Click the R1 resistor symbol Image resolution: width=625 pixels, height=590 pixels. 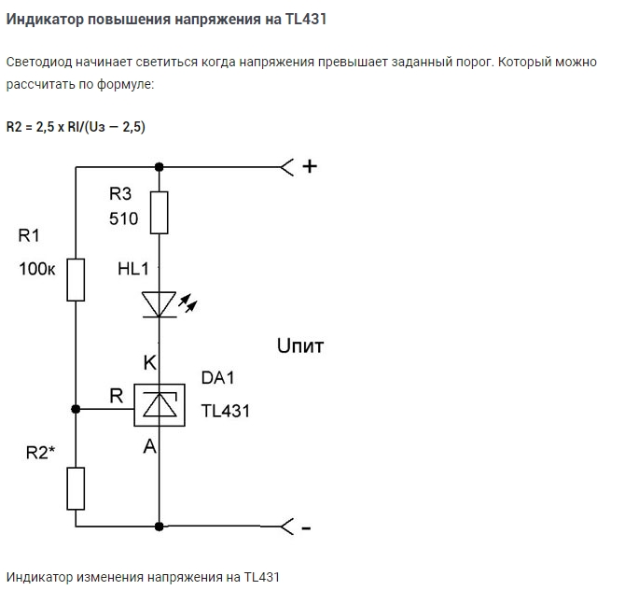76,279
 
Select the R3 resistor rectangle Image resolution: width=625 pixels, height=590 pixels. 160,213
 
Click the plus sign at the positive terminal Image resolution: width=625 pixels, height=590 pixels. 311,167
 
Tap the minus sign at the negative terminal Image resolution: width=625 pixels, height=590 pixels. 307,528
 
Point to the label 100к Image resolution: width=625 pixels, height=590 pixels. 38,270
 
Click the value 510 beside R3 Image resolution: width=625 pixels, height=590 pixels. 123,219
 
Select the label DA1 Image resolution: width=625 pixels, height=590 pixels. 218,378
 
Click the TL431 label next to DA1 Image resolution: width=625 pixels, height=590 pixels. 226,411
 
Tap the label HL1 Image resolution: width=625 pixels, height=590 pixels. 133,269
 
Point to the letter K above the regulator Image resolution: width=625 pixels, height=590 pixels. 149,362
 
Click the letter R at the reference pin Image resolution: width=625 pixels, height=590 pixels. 117,396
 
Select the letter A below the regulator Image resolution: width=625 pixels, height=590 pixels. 149,447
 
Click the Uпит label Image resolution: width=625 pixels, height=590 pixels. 299,346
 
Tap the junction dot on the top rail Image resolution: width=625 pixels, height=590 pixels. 160,167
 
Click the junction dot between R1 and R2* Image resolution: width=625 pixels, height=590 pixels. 76,409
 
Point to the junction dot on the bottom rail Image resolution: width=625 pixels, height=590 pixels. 160,527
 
